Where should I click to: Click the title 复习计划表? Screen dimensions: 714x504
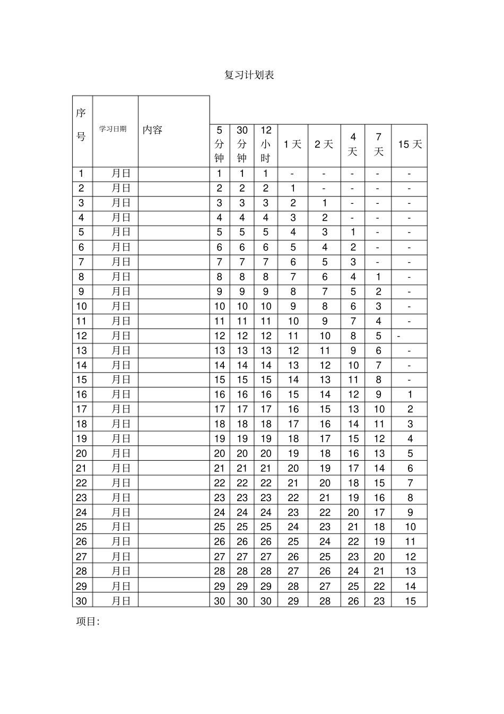249,75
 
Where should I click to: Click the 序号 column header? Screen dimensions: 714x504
81,125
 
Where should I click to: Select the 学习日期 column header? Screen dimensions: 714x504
113,129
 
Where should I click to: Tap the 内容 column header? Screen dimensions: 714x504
152,130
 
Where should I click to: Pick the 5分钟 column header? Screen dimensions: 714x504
220,144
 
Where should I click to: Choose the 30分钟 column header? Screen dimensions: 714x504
242,144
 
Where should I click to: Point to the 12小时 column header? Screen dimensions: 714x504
266,144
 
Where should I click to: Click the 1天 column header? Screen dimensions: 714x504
292,144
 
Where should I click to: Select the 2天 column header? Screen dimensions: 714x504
324,144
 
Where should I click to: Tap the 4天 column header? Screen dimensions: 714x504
353,144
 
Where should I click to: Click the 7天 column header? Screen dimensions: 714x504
378,144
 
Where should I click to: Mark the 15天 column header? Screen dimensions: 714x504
410,144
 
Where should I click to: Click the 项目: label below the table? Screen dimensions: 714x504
88,622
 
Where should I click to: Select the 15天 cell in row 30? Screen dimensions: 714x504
410,601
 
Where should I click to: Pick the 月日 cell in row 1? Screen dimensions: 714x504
121,174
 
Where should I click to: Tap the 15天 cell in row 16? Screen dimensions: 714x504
410,394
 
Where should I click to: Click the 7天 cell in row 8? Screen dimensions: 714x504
378,277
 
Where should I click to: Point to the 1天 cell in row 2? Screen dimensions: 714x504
293,188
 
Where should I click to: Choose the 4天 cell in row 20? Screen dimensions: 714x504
353,453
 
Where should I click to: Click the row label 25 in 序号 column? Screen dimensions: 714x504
81,527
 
